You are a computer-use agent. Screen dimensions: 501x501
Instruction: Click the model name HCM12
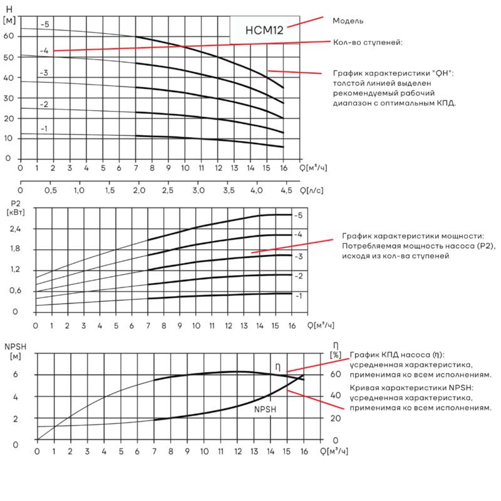pos(264,30)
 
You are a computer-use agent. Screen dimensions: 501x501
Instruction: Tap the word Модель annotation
pos(348,21)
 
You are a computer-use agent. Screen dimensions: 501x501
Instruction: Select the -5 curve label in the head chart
pos(45,24)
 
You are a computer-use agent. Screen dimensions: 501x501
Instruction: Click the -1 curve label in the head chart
pos(44,129)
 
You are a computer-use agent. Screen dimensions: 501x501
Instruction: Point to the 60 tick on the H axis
pos(9,36)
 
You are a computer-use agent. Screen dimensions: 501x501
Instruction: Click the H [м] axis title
pos(9,14)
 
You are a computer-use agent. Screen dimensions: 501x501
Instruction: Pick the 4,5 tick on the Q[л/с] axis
pos(286,190)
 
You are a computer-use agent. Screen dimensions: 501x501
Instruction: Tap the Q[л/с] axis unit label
pos(311,191)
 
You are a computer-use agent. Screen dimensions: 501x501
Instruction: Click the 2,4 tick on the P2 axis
pos(15,229)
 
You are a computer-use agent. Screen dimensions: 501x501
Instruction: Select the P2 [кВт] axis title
pos(16,208)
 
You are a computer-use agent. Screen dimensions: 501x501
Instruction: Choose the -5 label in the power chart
pos(298,215)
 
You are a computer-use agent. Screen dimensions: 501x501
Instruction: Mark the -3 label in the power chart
pos(299,257)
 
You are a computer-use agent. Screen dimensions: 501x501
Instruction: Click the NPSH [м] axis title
pos(15,351)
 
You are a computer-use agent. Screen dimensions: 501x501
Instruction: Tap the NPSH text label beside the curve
pos(265,410)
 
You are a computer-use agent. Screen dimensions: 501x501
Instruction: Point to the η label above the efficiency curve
pos(277,368)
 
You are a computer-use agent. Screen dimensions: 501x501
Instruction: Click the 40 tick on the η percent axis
pos(336,396)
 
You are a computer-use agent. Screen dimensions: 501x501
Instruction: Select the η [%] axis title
pos(336,351)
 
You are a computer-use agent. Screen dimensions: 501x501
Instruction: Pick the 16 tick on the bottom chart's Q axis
pos(304,452)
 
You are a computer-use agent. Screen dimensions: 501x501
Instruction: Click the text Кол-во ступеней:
pos(368,43)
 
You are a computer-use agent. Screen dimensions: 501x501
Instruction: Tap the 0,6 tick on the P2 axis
pos(15,291)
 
